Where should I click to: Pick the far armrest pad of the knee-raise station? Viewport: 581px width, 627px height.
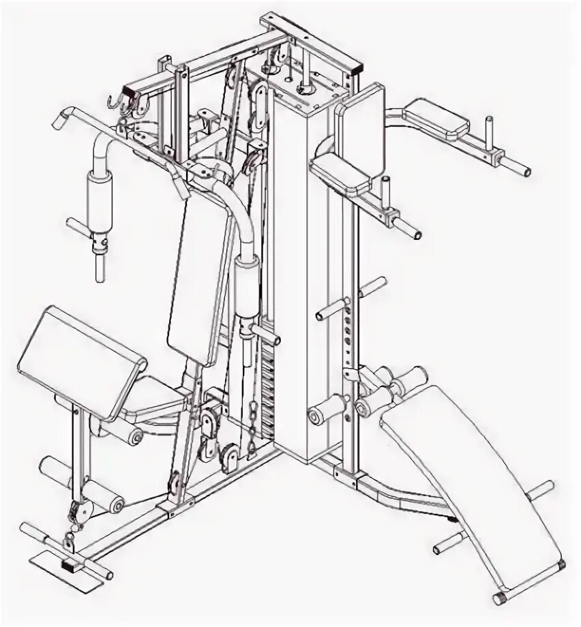(436, 116)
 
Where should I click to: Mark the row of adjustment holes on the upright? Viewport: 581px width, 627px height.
(348, 334)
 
